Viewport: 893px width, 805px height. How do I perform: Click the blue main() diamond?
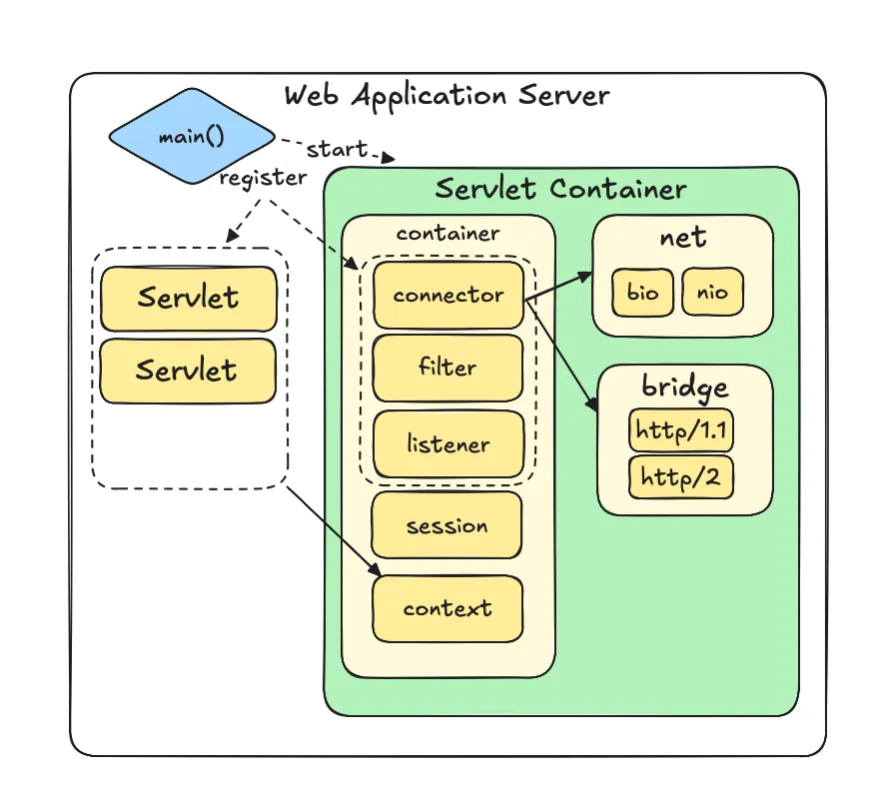pos(191,136)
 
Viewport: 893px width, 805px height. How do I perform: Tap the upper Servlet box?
pos(188,298)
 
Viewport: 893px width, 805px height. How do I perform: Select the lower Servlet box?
pos(188,371)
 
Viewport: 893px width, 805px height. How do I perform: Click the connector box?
pos(447,296)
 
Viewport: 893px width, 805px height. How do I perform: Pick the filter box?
pos(447,368)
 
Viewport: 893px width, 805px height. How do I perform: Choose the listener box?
pos(447,443)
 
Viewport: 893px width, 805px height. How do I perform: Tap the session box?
pos(446,525)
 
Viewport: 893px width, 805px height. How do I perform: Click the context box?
pos(447,608)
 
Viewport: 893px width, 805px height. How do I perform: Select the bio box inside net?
pos(642,293)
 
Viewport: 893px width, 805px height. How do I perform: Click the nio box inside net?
pos(712,293)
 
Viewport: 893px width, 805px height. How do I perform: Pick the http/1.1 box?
pos(680,430)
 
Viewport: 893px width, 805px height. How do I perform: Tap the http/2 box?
pos(680,477)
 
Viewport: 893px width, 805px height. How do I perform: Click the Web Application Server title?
pos(446,96)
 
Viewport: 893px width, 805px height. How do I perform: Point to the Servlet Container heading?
pos(560,189)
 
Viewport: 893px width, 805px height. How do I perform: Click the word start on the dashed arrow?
pos(337,150)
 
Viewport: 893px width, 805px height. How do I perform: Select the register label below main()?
pos(263,179)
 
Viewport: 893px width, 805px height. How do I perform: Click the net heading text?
pos(682,238)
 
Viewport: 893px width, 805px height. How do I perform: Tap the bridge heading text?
pos(684,388)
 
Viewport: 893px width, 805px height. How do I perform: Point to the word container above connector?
pos(447,234)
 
